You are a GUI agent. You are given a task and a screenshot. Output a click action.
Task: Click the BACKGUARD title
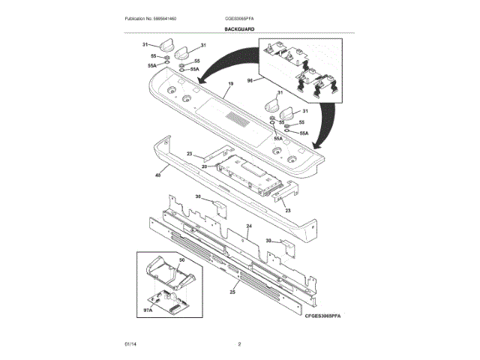(x=239, y=29)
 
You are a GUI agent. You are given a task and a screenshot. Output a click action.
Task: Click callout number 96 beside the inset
(x=250, y=79)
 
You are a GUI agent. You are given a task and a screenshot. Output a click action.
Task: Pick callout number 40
(x=157, y=175)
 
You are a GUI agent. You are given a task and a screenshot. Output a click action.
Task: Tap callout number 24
(x=248, y=226)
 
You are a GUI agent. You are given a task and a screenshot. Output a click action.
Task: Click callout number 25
(x=232, y=292)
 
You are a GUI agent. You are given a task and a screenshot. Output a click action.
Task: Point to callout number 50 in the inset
(x=181, y=260)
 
